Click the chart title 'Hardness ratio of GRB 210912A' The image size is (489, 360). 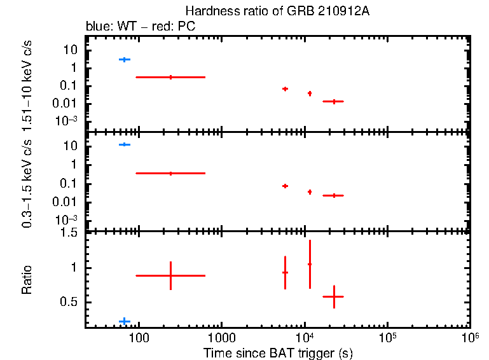[x=277, y=11]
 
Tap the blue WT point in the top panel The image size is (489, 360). [x=125, y=60]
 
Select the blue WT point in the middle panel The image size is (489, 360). [x=125, y=145]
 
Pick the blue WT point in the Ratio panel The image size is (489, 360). [x=125, y=321]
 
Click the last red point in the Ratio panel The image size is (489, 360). [x=334, y=296]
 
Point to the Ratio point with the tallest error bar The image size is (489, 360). [x=310, y=264]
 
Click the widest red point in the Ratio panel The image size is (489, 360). [x=170, y=275]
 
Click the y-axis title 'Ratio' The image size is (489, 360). [x=27, y=280]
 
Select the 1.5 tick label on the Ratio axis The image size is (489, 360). [x=70, y=233]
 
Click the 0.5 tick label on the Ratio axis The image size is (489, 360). [x=70, y=302]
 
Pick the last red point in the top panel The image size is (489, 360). [x=334, y=101]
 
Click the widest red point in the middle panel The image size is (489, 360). [x=170, y=173]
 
